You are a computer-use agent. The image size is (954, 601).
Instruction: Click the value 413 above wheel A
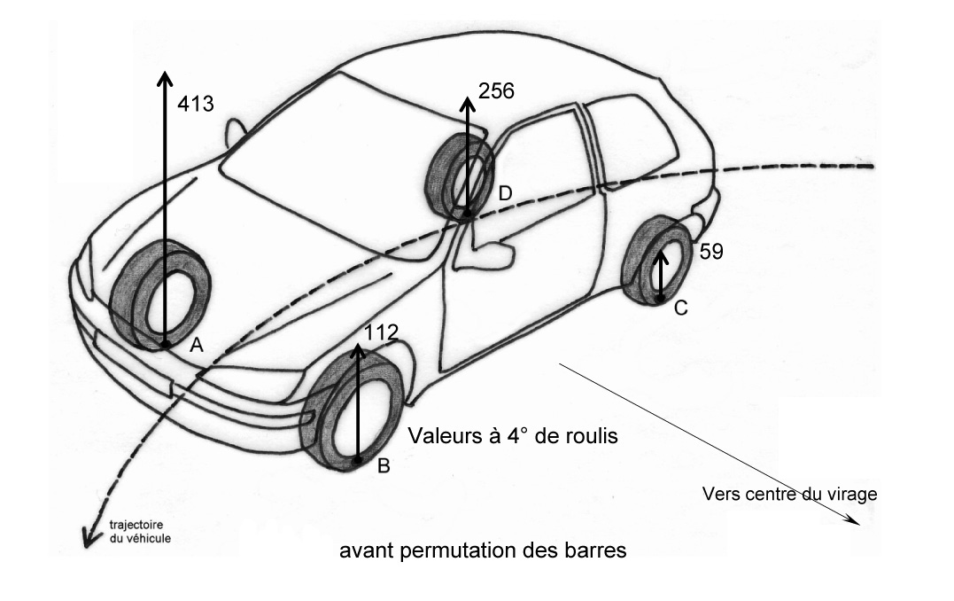point(196,104)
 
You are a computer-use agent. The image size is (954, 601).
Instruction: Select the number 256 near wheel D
point(496,90)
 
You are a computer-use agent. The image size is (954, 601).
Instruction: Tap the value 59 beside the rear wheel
point(711,251)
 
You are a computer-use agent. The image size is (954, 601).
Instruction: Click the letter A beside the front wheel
point(197,347)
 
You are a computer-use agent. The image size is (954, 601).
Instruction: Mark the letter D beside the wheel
point(505,193)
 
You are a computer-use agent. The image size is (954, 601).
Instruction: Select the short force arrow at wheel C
point(660,275)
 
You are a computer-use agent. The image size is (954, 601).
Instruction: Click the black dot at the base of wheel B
point(358,461)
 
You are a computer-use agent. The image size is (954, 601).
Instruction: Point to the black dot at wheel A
point(165,342)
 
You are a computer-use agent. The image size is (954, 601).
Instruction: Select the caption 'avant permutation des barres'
point(484,550)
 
